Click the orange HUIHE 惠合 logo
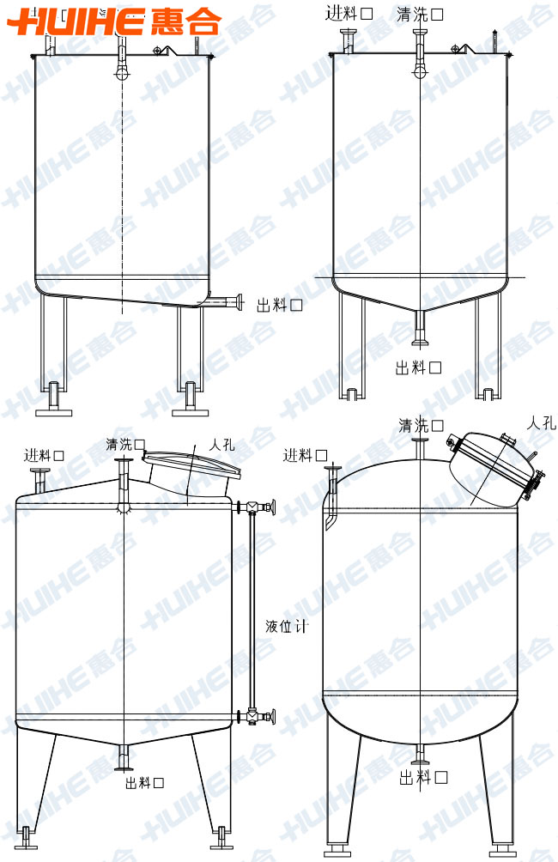pos(115,21)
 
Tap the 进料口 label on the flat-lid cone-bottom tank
pos(349,14)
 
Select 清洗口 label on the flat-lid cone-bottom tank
pos(420,14)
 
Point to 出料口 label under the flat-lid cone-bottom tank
pos(418,367)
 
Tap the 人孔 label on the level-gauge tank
pos(221,446)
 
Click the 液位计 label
pos(287,626)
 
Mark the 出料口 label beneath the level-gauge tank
pos(144,782)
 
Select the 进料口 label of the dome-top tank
pos(306,455)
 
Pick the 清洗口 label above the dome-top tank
pos(422,425)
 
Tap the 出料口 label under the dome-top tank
pos(423,777)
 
